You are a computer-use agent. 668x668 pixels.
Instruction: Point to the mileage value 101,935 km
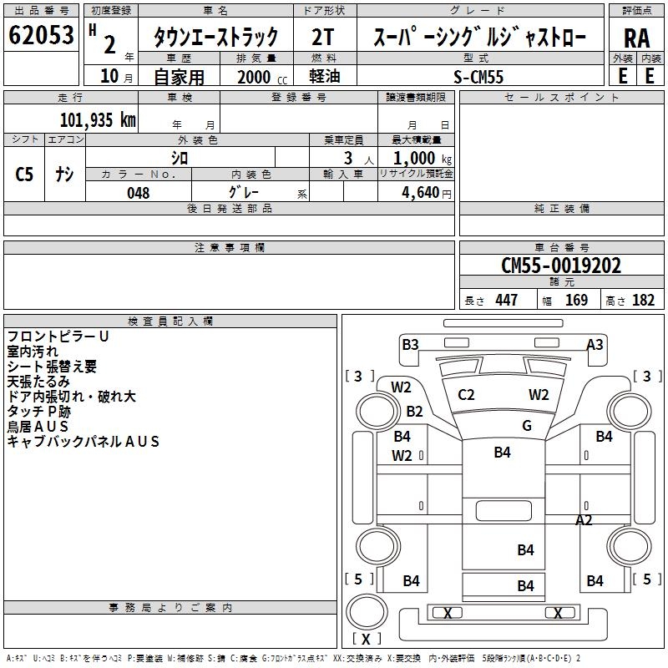pos(97,119)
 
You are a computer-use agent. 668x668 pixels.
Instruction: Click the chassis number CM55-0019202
pos(561,266)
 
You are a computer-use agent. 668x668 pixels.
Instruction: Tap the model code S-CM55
pos(478,76)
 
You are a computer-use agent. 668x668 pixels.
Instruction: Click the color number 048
pos(139,193)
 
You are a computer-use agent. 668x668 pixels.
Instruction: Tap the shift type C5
pos(25,175)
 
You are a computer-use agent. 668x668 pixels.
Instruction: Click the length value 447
pos(506,301)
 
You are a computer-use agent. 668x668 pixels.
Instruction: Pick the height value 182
pos(643,301)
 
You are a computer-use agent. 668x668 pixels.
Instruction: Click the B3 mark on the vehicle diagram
pos(410,344)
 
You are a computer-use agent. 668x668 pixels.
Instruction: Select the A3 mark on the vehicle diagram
pos(595,344)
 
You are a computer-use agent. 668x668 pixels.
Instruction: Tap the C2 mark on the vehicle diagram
pos(466,395)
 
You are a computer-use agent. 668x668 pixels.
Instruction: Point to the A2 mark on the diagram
pos(584,520)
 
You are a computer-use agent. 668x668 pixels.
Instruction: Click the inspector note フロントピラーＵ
pos(58,337)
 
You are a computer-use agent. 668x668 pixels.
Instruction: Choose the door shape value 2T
pos(322,38)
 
